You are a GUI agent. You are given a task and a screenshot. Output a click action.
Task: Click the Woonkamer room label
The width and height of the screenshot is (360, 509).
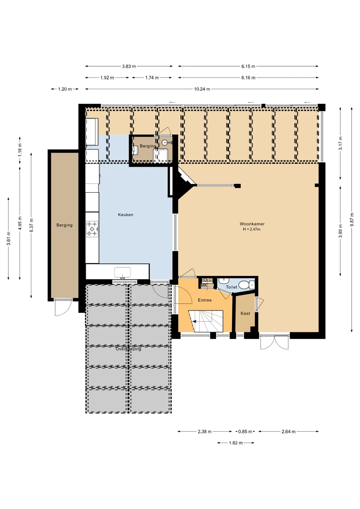252,224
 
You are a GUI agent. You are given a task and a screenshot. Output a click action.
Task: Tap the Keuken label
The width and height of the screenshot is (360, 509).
126,215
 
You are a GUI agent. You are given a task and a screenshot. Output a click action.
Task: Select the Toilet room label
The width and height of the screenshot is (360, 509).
231,287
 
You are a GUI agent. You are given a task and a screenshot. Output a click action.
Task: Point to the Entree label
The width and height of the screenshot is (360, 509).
205,300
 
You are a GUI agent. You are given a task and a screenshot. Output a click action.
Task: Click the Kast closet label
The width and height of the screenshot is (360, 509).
245,313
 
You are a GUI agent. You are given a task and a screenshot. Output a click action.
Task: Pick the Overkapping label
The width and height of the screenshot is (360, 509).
128,349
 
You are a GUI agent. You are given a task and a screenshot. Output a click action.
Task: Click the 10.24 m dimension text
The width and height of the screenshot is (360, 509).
202,89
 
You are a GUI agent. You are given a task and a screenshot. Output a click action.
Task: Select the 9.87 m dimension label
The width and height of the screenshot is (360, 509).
352,220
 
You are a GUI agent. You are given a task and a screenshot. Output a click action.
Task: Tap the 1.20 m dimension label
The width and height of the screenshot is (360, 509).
65,89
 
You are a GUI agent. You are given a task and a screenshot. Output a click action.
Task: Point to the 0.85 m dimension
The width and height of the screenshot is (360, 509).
245,432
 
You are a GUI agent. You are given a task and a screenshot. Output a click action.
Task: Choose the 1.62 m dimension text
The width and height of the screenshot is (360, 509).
236,443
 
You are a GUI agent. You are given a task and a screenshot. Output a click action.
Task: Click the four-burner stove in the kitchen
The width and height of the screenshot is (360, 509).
92,229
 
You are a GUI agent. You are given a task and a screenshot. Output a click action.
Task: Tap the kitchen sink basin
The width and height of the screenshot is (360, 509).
122,272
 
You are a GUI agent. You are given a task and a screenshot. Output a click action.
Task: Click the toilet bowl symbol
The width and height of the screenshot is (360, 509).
244,285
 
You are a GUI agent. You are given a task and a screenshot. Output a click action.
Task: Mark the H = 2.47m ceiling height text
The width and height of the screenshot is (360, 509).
252,229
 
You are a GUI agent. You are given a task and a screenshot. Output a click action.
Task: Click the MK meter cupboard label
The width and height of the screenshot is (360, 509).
204,285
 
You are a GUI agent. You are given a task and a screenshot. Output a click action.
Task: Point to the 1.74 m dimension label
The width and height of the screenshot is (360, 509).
152,78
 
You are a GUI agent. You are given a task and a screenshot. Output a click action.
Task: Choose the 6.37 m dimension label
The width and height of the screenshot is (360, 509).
32,225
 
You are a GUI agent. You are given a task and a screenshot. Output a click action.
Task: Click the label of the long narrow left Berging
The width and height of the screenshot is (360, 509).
64,225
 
